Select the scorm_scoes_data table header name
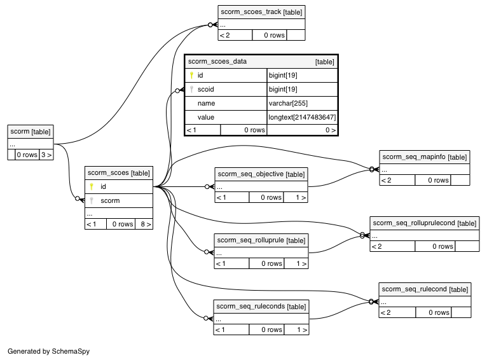coord(217,61)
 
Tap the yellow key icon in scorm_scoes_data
coord(191,75)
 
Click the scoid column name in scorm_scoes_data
coord(205,90)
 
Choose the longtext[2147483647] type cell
coord(302,118)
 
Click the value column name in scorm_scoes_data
coord(205,118)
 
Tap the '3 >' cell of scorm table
coord(46,155)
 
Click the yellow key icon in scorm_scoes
coord(92,186)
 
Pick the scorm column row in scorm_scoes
coord(119,200)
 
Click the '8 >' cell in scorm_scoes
coord(144,224)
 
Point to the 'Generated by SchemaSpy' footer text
coord(49,351)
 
